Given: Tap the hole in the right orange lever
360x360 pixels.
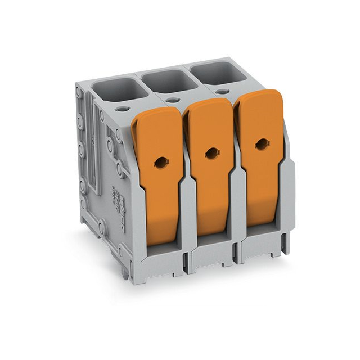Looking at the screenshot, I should (x=260, y=143).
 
